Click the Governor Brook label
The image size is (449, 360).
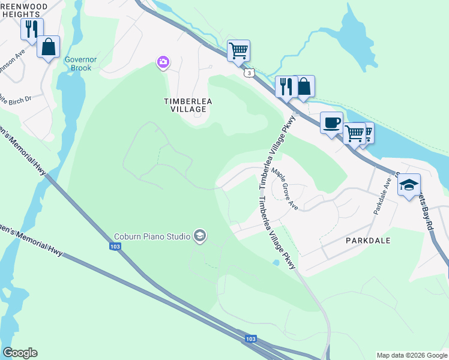tap(78, 64)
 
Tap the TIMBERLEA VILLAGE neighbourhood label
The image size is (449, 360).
tap(188, 106)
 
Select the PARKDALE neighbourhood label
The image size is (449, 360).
tap(368, 240)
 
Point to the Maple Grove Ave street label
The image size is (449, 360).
tap(285, 188)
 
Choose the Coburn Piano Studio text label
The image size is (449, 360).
tap(152, 236)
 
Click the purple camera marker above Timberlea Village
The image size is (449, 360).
tap(163, 62)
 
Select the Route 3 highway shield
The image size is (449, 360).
tap(248, 73)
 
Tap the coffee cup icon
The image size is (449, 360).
tap(332, 123)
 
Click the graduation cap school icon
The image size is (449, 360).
tap(409, 185)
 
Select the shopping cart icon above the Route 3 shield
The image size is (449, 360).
tap(238, 50)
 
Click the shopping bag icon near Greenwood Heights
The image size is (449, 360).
tap(48, 46)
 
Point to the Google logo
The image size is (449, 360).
tap(20, 353)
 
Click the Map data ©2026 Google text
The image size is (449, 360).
tap(412, 355)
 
